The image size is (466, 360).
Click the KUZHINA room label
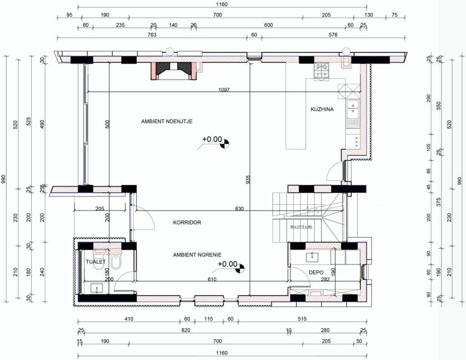click(322, 109)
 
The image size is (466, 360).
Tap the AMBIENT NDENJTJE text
click(167, 121)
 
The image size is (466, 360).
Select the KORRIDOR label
click(187, 223)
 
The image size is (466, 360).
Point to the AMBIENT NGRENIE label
click(197, 255)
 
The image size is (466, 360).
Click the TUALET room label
click(96, 262)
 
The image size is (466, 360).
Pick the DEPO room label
click(316, 272)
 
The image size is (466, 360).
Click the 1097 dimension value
click(224, 90)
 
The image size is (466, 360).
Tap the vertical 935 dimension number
click(248, 179)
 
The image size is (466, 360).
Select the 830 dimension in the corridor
click(239, 209)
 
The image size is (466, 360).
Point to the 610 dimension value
click(212, 279)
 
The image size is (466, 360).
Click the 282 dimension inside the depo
click(325, 279)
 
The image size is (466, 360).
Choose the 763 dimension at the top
click(152, 35)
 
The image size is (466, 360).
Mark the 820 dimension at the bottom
click(186, 330)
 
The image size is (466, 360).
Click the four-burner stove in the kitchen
click(322, 71)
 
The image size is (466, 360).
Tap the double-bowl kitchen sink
click(353, 114)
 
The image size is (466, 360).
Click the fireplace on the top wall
click(174, 71)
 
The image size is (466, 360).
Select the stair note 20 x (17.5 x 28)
click(301, 227)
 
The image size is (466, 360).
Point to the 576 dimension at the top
click(333, 35)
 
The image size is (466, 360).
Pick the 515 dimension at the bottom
click(302, 319)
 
